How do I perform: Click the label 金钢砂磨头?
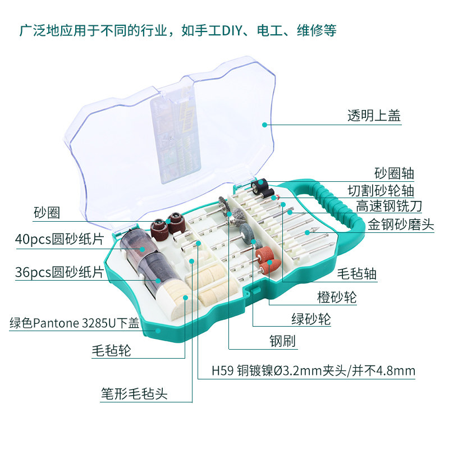[401, 224]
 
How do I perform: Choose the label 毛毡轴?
[356, 274]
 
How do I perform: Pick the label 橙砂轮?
[337, 296]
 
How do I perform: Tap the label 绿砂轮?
[311, 319]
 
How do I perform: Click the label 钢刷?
[282, 341]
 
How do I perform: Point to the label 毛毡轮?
[111, 351]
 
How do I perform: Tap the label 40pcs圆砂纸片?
[59, 239]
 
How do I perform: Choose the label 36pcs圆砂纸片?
[59, 273]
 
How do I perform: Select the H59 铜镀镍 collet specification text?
[313, 371]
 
